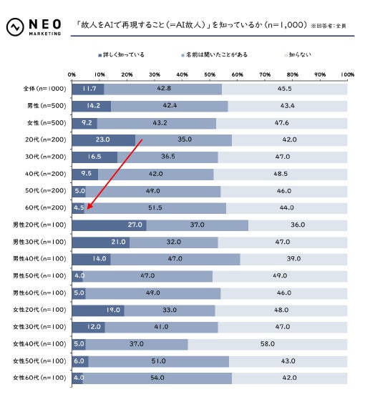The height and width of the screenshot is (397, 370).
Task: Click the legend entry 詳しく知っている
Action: [122, 54]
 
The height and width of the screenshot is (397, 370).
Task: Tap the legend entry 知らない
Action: [299, 54]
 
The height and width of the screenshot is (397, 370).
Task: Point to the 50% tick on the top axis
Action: [210, 74]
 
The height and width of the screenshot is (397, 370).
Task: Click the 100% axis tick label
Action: [346, 74]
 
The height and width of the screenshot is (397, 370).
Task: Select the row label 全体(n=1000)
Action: [44, 89]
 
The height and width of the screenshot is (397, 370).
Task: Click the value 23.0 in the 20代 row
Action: [102, 139]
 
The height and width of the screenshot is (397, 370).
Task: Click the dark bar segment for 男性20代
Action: [109, 225]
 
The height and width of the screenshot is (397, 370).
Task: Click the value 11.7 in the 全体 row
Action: [89, 89]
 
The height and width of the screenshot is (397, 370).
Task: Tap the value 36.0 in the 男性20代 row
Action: [298, 225]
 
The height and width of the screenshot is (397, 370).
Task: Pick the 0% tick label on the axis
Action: [72, 74]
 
